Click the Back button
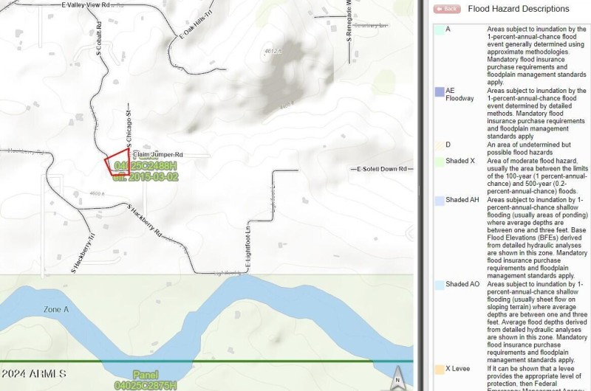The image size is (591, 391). [448, 9]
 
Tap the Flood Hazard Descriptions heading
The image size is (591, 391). [519, 9]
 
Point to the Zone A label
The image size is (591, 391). [56, 310]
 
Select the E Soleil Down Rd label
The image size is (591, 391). [382, 169]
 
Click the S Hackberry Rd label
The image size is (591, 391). [144, 219]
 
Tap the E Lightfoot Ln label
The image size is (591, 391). [249, 246]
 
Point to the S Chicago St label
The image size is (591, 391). [129, 130]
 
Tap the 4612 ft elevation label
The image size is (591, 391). [273, 51]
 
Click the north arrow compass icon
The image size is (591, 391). [397, 376]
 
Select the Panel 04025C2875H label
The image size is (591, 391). [145, 379]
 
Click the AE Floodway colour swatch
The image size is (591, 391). [439, 91]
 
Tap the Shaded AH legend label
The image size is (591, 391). [462, 200]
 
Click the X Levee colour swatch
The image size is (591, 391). [439, 367]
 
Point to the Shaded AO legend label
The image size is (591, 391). [462, 284]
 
